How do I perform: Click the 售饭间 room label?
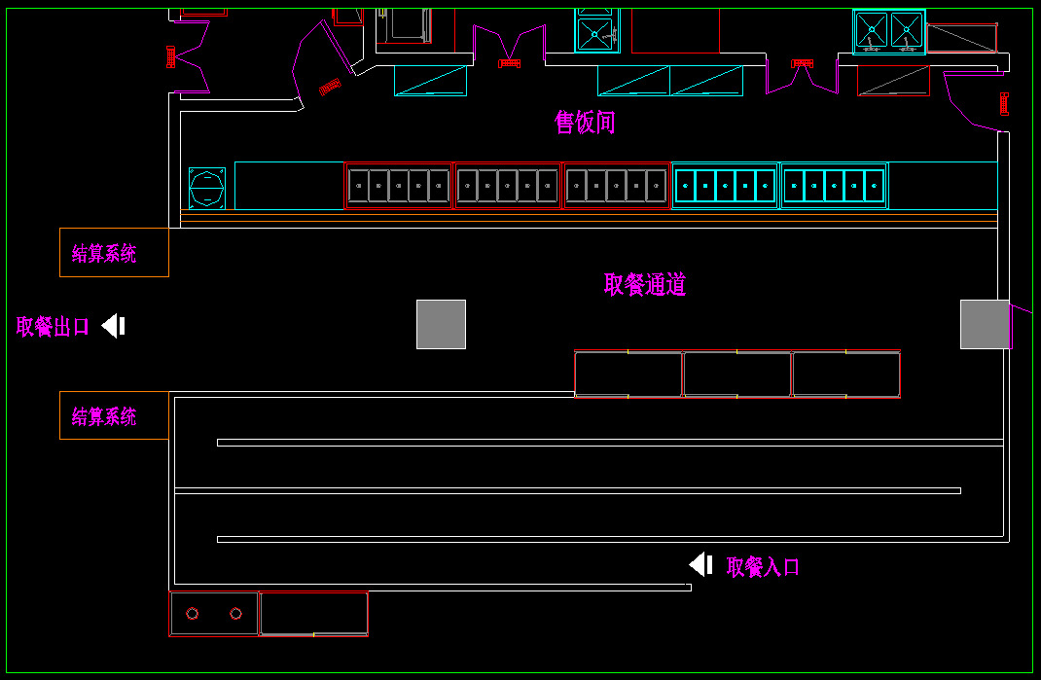[x=585, y=123]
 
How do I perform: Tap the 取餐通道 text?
[x=644, y=284]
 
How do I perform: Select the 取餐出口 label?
[x=53, y=327]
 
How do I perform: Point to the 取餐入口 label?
[x=763, y=567]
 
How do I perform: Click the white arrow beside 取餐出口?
[x=114, y=326]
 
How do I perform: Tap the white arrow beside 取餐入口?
[x=700, y=564]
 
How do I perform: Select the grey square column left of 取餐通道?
[x=441, y=324]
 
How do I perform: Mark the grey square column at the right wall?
[x=985, y=324]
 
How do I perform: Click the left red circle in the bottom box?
[x=193, y=614]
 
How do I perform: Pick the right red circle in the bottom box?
[x=235, y=614]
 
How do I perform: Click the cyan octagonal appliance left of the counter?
[x=206, y=188]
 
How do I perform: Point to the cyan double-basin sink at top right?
[x=888, y=31]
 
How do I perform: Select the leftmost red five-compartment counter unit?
[x=399, y=186]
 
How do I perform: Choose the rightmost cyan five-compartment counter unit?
[x=834, y=186]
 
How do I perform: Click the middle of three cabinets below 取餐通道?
[x=737, y=375]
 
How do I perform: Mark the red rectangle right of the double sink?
[x=961, y=38]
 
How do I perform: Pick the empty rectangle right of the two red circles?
[x=313, y=613]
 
